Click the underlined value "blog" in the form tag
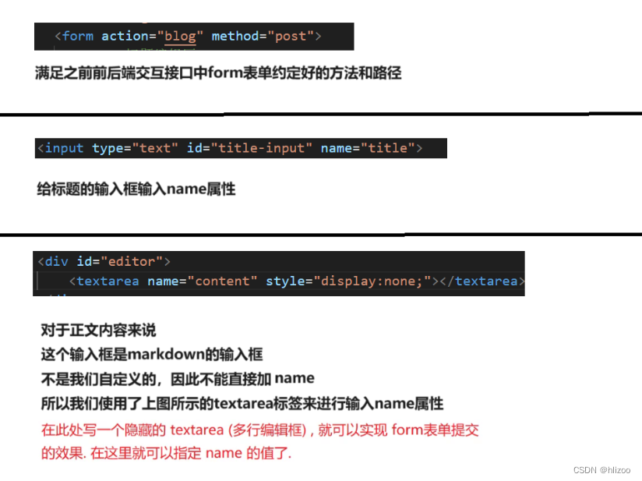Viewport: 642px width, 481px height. coord(180,36)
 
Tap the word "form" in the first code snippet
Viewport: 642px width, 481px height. coord(78,36)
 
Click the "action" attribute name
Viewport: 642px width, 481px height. coord(125,36)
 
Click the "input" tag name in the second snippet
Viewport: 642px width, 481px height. coord(65,148)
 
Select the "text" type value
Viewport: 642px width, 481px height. coord(155,148)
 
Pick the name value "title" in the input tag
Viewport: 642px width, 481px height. coord(388,148)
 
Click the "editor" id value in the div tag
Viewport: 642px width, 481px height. coord(138,260)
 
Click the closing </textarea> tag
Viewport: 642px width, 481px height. coord(482,281)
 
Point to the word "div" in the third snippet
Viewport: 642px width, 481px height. coord(57,260)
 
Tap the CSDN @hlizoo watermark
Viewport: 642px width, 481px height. coord(601,469)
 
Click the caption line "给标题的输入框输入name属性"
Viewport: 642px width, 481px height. coord(136,189)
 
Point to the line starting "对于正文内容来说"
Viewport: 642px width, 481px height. coord(98,331)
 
